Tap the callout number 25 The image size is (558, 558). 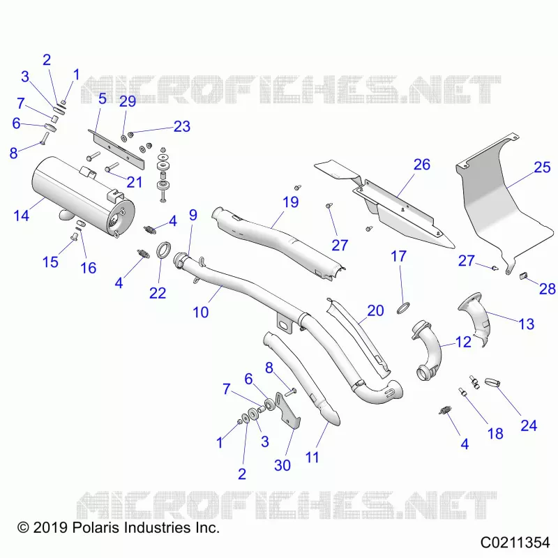542,167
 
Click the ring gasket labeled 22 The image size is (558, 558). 164,250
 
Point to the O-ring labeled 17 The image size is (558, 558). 403,308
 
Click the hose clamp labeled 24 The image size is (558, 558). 492,383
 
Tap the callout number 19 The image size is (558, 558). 290,202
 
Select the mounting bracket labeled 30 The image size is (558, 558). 287,410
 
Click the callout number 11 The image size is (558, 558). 312,458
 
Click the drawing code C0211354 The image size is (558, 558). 515,543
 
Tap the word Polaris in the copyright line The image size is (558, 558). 95,527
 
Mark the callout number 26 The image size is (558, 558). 422,165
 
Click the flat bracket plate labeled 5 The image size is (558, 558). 116,149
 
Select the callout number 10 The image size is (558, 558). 200,312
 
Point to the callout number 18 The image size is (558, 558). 495,433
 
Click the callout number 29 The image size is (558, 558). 128,101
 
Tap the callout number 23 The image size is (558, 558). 182,126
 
